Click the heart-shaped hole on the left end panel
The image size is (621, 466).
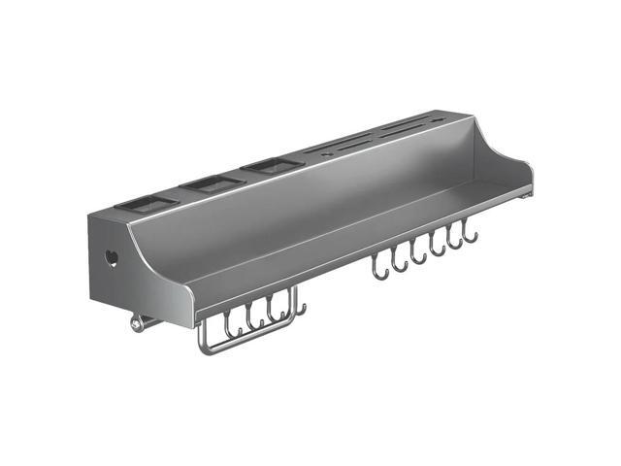point(112,259)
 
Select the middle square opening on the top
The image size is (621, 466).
point(210,183)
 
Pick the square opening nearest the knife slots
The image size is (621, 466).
point(269,166)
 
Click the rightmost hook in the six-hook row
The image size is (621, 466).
point(471,235)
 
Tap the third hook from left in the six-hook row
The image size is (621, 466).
point(418,255)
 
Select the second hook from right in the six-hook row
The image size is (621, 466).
point(454,242)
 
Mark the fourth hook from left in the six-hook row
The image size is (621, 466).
point(437,249)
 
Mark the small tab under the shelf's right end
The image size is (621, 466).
point(525,195)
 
